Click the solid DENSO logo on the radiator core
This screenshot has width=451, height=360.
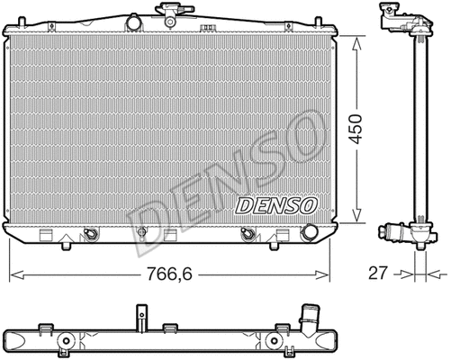click(x=276, y=205)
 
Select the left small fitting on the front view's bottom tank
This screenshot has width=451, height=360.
click(x=90, y=236)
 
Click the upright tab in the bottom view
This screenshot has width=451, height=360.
click(x=140, y=317)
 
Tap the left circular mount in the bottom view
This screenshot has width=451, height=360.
click(x=68, y=341)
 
